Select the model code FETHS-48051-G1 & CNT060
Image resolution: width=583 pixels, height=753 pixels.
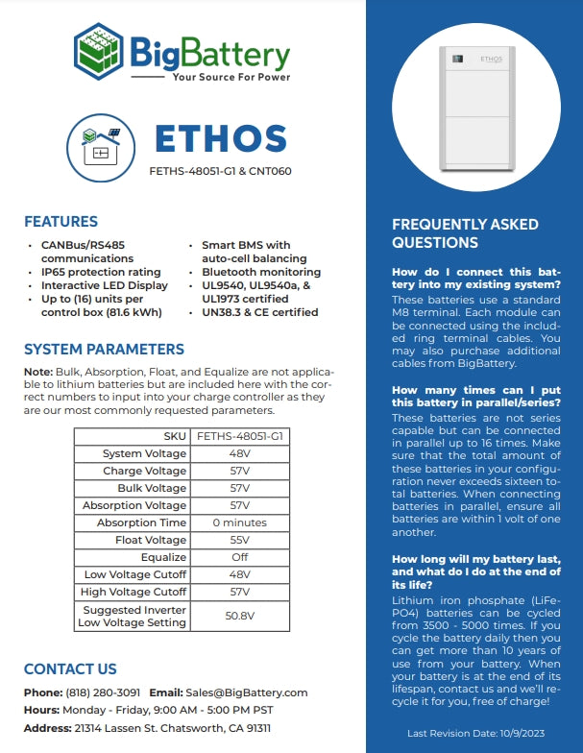pos(220,173)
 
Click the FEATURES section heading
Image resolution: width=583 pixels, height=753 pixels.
pos(61,222)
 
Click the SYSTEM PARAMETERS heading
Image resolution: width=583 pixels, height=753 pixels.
pos(104,349)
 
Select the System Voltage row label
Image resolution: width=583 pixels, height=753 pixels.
pos(144,453)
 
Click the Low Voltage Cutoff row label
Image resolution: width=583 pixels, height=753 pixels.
pos(135,574)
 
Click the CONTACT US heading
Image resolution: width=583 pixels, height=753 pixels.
pos(70,668)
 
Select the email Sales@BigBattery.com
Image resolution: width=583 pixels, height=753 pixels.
pos(247,692)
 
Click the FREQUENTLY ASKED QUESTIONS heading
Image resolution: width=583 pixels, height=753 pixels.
pos(465,233)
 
